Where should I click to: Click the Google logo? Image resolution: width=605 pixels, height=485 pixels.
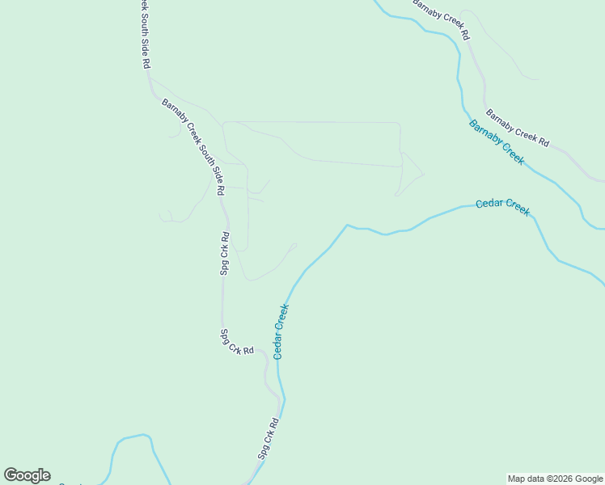tap(27, 475)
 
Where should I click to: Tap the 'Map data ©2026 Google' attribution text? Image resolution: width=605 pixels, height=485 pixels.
tap(555, 479)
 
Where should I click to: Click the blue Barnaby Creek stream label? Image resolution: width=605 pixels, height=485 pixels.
tap(496, 141)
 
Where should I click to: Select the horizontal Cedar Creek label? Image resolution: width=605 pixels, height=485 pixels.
tap(502, 206)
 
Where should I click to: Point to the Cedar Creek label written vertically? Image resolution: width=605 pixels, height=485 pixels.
tap(281, 331)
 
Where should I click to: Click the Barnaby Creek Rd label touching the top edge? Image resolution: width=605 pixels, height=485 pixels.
tap(442, 19)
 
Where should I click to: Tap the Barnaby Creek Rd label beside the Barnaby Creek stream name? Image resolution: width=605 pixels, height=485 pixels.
tap(518, 128)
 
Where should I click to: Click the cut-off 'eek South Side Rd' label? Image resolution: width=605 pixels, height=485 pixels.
tap(144, 34)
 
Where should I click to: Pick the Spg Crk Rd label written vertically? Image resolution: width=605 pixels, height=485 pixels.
tap(226, 254)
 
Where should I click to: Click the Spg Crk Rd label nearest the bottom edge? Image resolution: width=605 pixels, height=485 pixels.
tap(269, 438)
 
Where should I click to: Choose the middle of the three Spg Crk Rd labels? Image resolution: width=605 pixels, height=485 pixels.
tap(237, 341)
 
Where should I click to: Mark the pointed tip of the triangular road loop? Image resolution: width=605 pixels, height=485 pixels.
tap(424, 172)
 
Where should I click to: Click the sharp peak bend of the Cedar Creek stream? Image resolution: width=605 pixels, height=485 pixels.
tap(347, 225)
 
